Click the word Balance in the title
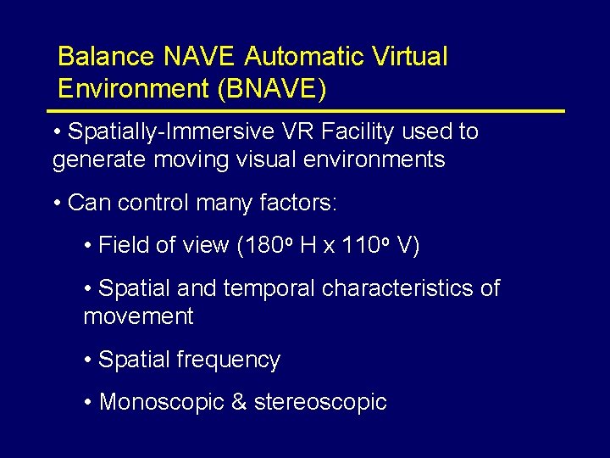click(x=106, y=58)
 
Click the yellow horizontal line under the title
click(x=305, y=111)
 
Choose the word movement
click(x=138, y=317)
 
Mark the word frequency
click(x=229, y=360)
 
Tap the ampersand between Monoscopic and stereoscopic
click(x=238, y=402)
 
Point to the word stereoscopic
click(x=320, y=403)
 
